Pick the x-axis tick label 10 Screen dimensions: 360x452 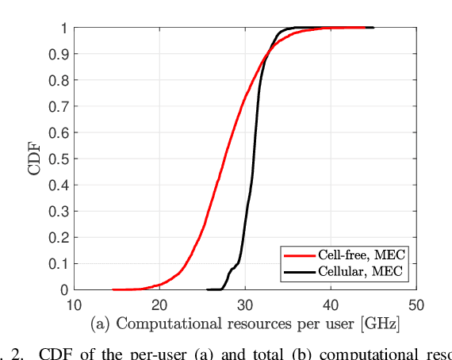74,305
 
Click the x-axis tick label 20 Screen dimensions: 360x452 159,305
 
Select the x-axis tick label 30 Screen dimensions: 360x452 245,305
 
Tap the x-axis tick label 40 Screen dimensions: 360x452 331,305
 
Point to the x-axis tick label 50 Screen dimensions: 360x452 416,305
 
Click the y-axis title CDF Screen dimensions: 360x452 34,159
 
